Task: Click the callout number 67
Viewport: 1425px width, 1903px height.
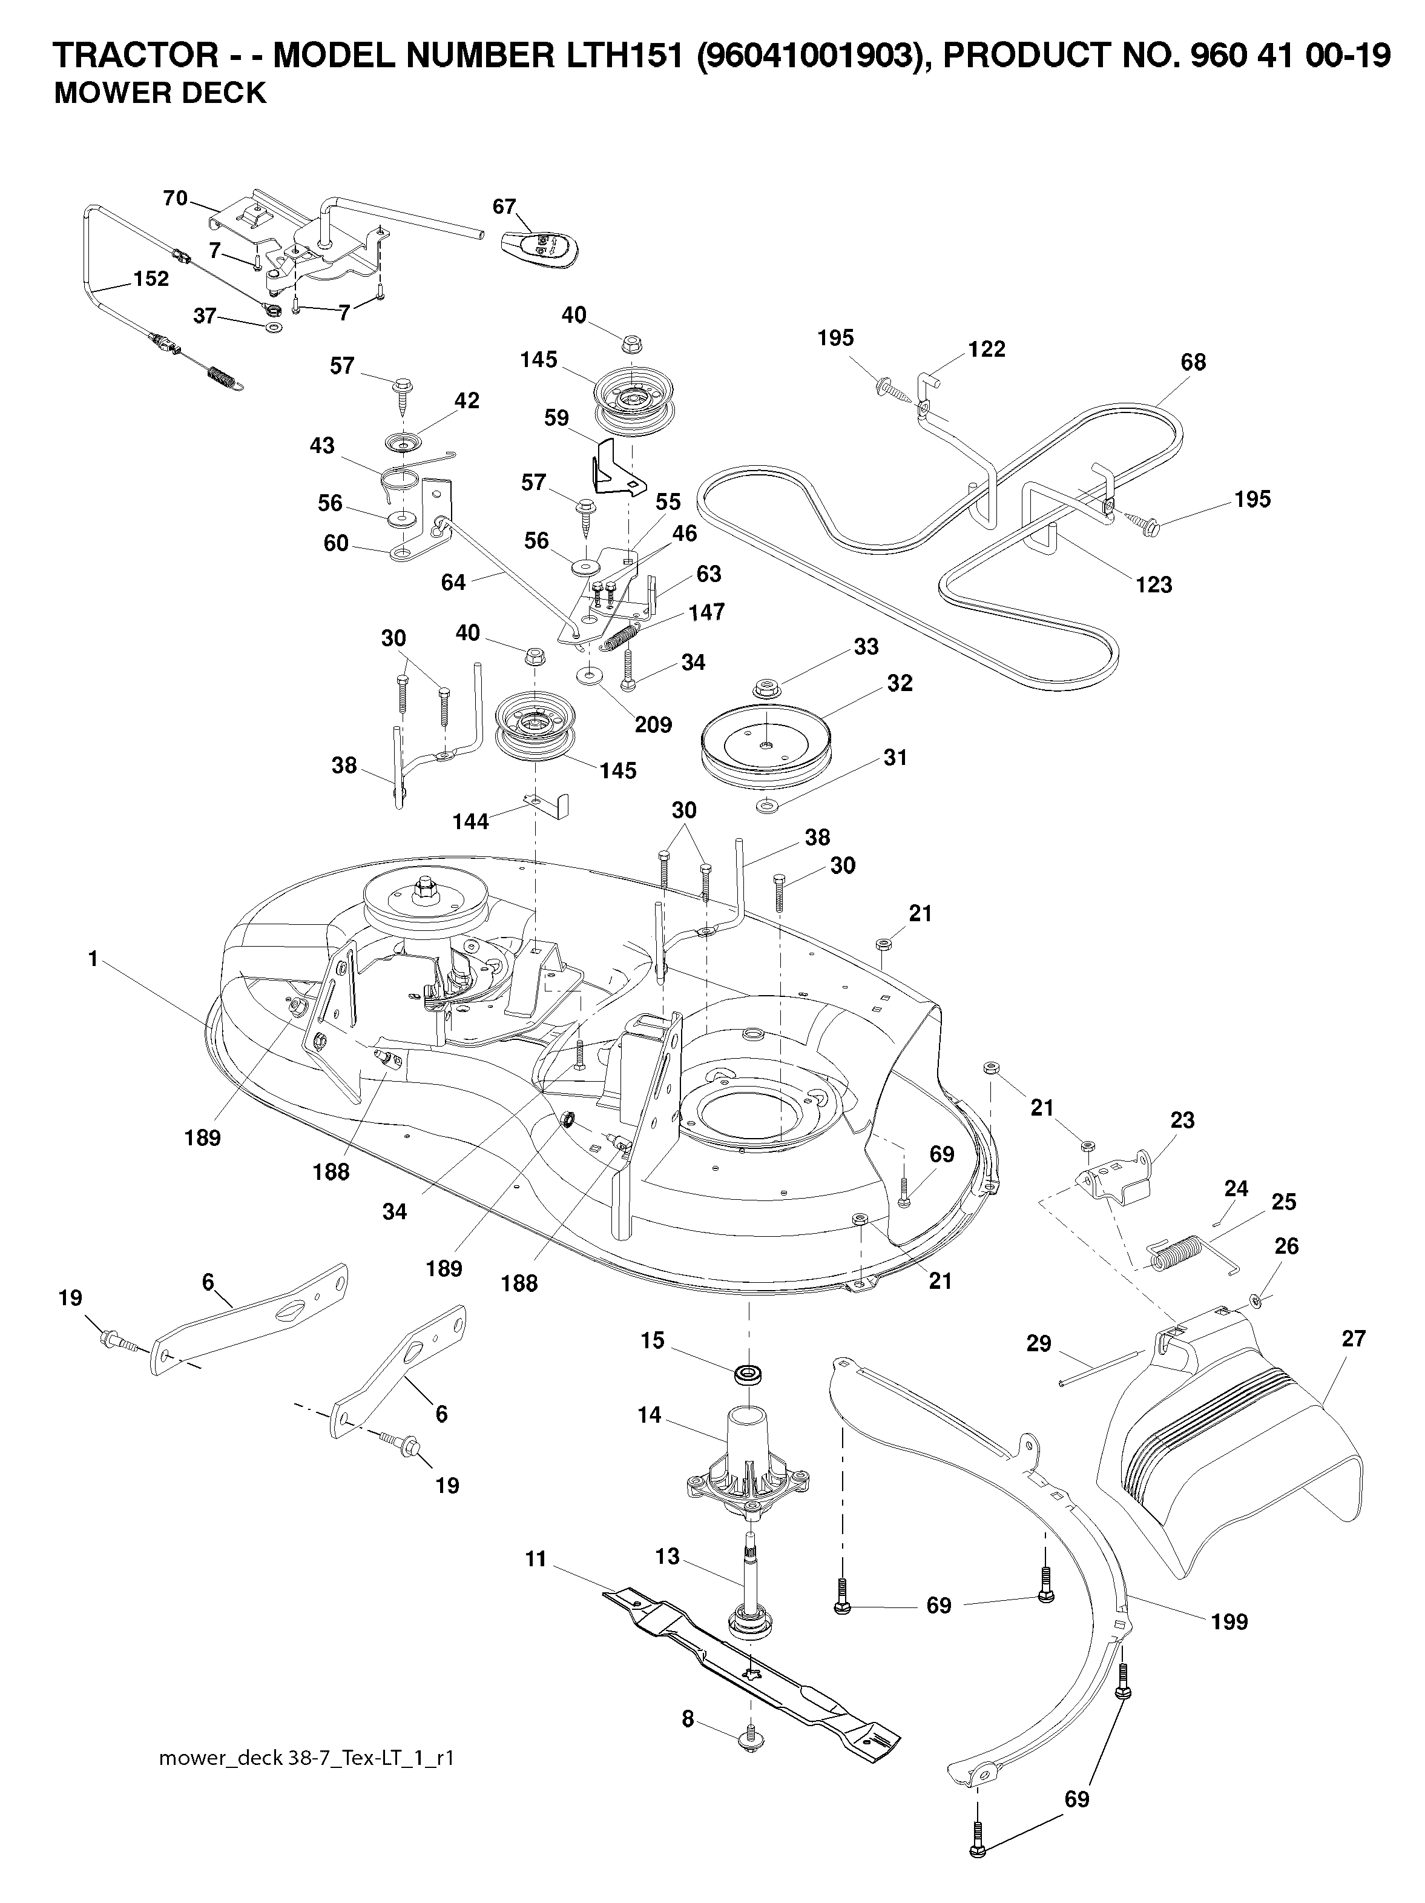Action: tap(504, 207)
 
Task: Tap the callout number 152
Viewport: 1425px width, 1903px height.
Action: tap(151, 279)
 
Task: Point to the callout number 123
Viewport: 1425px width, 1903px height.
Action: tap(1153, 585)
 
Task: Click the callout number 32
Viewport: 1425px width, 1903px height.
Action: tap(900, 683)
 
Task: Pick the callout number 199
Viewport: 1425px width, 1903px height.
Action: tap(1229, 1622)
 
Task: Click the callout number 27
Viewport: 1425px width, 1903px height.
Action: tap(1353, 1339)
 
